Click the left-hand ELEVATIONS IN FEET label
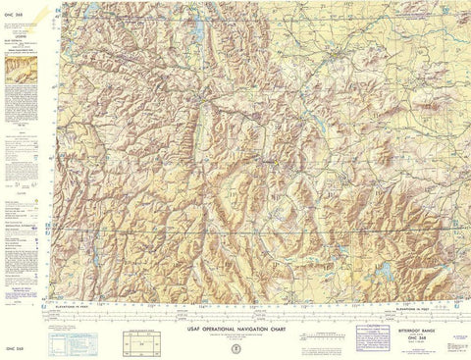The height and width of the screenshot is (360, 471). point(94,298)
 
